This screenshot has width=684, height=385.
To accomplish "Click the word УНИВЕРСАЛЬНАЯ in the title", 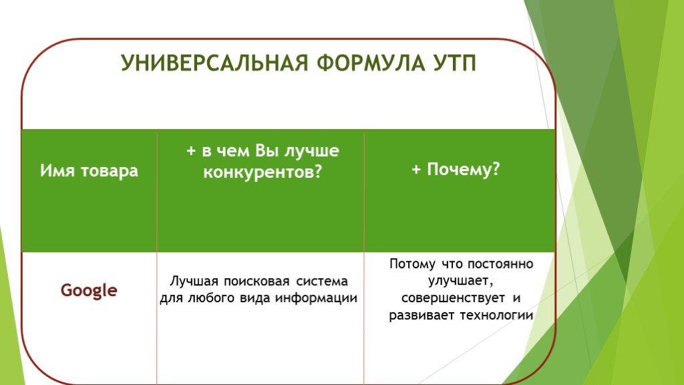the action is (x=214, y=63).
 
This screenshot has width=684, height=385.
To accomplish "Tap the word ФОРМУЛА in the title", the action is (x=370, y=63).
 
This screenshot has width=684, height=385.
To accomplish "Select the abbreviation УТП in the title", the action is (x=454, y=63).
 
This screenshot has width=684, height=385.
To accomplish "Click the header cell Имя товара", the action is (x=89, y=170).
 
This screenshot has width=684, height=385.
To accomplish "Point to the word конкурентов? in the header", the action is (x=263, y=172).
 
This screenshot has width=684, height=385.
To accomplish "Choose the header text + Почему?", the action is (x=456, y=169).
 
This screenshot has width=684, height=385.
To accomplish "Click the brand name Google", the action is (x=89, y=291).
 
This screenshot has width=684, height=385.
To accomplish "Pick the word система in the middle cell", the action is (x=322, y=281).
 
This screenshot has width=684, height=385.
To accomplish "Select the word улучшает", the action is (x=461, y=281).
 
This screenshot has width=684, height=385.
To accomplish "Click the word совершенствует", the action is (x=453, y=298).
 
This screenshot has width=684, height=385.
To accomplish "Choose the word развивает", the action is (x=422, y=315).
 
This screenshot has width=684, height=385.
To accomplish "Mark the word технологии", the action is (x=497, y=315).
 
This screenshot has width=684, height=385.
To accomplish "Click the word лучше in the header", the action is (x=312, y=151).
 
